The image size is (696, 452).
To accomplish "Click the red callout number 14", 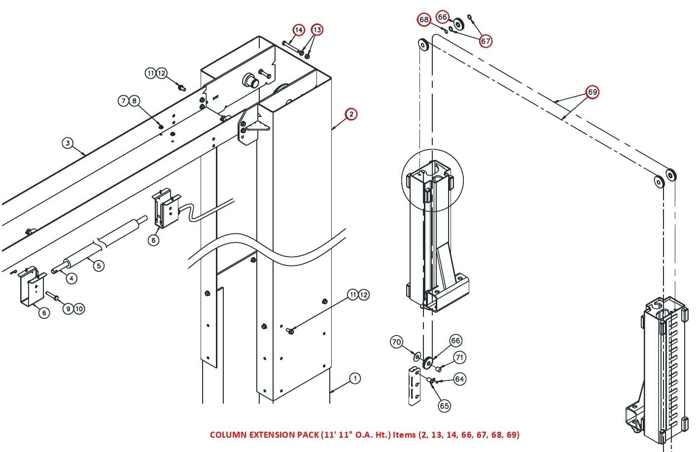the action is tap(299, 30).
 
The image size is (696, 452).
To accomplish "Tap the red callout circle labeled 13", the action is tap(317, 30).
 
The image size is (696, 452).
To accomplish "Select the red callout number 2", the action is tap(351, 114).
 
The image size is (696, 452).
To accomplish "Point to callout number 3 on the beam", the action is tap(68, 143).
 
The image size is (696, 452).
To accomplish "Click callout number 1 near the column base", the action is tap(355, 378).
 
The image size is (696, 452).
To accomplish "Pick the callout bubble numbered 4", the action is tap(71, 278).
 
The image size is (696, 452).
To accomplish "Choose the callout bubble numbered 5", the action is tap(99, 265).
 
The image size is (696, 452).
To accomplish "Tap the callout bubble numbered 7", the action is tap(123, 101).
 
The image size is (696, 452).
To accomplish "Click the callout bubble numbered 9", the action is tap(68, 309).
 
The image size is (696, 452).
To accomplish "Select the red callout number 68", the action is tap(424, 20).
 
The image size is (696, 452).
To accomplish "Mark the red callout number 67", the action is tap(486, 41).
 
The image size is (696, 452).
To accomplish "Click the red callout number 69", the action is tap(592, 92).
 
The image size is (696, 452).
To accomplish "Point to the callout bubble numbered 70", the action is tap(396, 342).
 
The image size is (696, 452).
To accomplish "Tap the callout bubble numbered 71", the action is tap(459, 357).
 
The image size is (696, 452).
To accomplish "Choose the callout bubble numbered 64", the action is tap(459, 379).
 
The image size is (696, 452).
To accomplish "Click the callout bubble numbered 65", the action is tap(444, 406).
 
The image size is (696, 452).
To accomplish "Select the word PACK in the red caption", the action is tap(308, 435).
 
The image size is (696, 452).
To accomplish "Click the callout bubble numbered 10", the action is tap(79, 309).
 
